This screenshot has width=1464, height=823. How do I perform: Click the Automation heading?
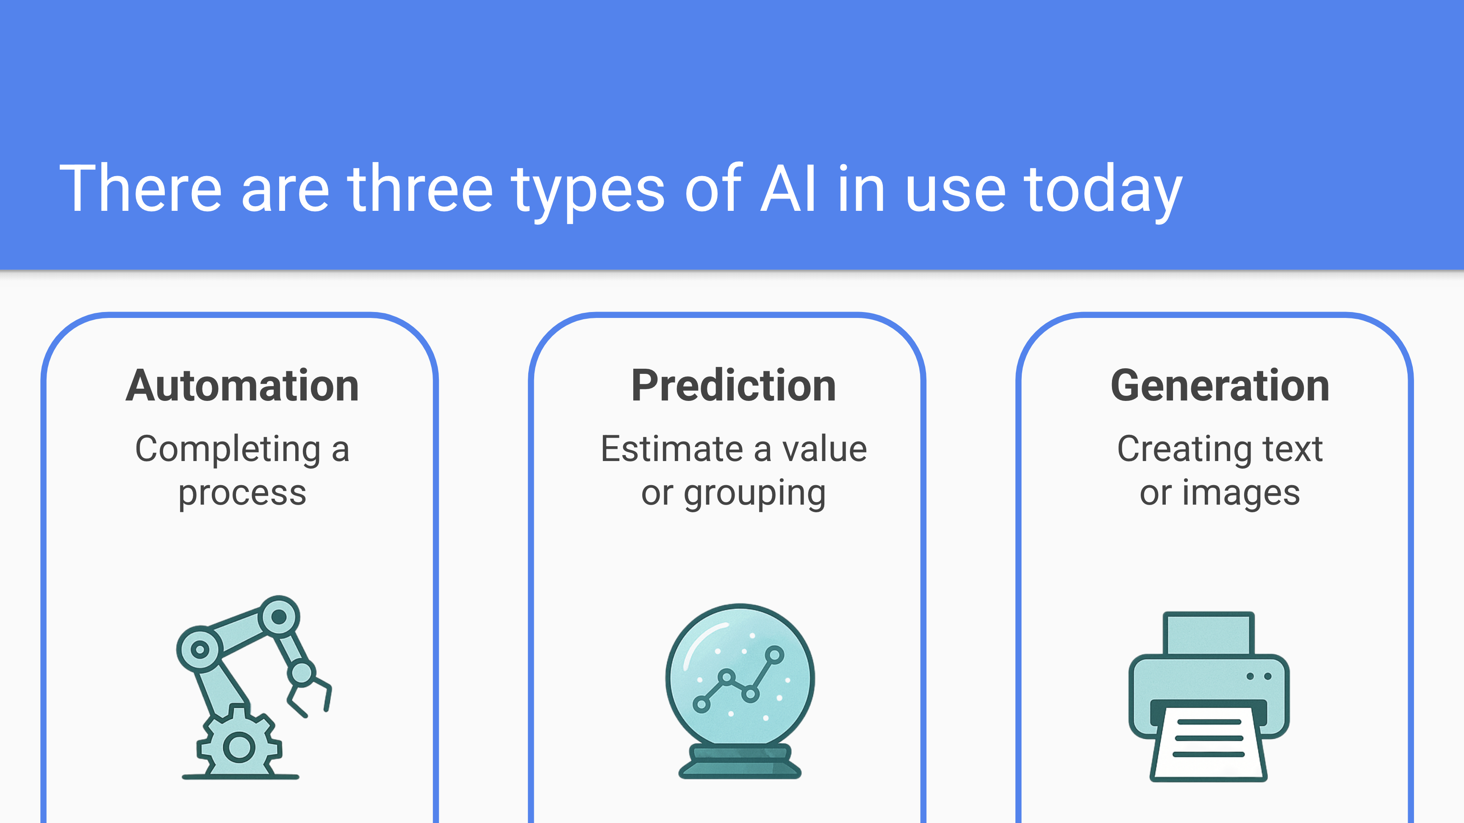pyautogui.click(x=242, y=386)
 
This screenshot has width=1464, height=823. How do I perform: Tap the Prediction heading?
pyautogui.click(x=733, y=386)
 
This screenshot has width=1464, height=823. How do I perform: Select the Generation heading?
pyautogui.click(x=1220, y=386)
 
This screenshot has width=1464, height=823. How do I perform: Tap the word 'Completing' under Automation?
pyautogui.click(x=228, y=450)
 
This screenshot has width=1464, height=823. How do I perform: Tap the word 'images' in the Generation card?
pyautogui.click(x=1241, y=493)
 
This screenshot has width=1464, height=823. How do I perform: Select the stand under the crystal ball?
pyautogui.click(x=740, y=761)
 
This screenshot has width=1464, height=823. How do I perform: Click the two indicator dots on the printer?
pyautogui.click(x=1259, y=677)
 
